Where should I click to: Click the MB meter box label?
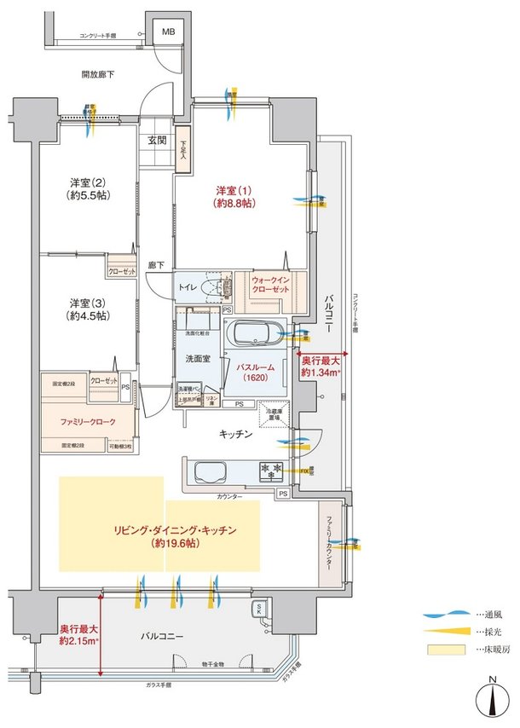169,32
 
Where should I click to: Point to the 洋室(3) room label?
89,309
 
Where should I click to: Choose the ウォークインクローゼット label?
271,284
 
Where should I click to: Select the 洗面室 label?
198,359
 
